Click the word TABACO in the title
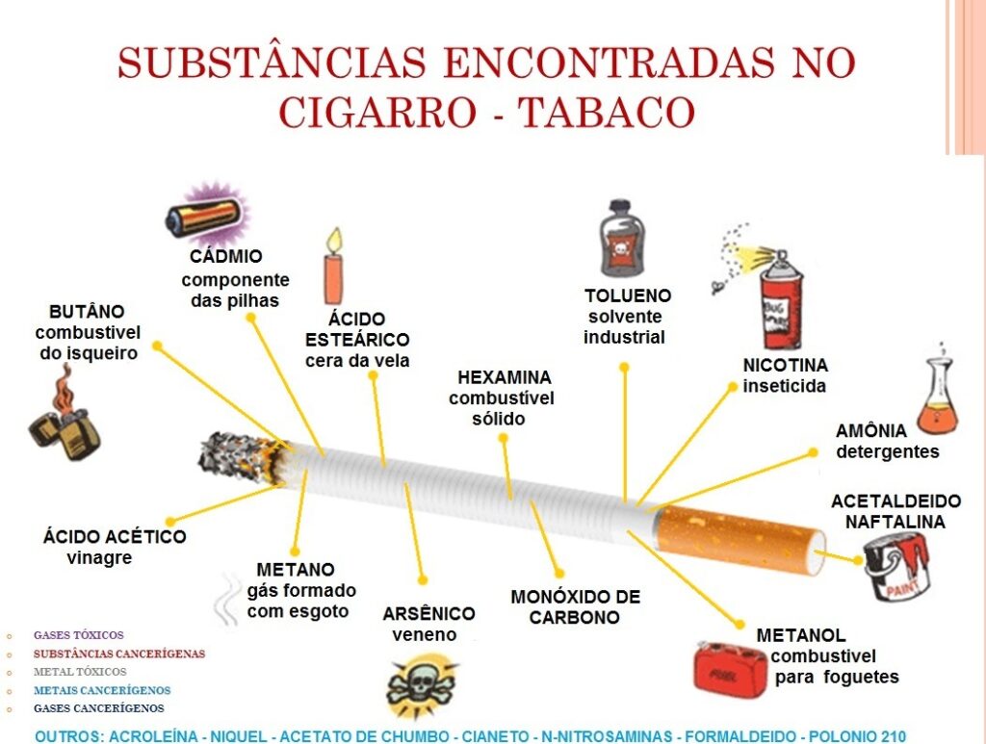607,111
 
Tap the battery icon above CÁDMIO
205,216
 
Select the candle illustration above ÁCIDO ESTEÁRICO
333,266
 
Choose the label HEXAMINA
505,377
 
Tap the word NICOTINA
785,366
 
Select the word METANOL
801,635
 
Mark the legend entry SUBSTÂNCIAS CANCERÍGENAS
119,654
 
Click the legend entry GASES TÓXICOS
79,635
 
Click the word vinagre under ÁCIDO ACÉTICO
99,557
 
